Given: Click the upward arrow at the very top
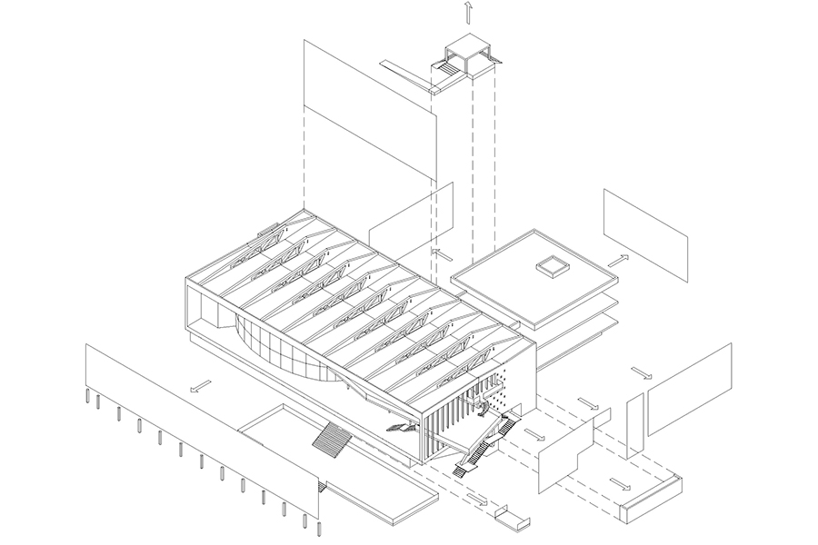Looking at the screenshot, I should pyautogui.click(x=467, y=12).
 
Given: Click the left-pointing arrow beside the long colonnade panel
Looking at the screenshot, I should pyautogui.click(x=196, y=385).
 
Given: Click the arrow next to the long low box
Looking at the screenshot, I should pyautogui.click(x=621, y=482).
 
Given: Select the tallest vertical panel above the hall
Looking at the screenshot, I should pyautogui.click(x=369, y=136).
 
